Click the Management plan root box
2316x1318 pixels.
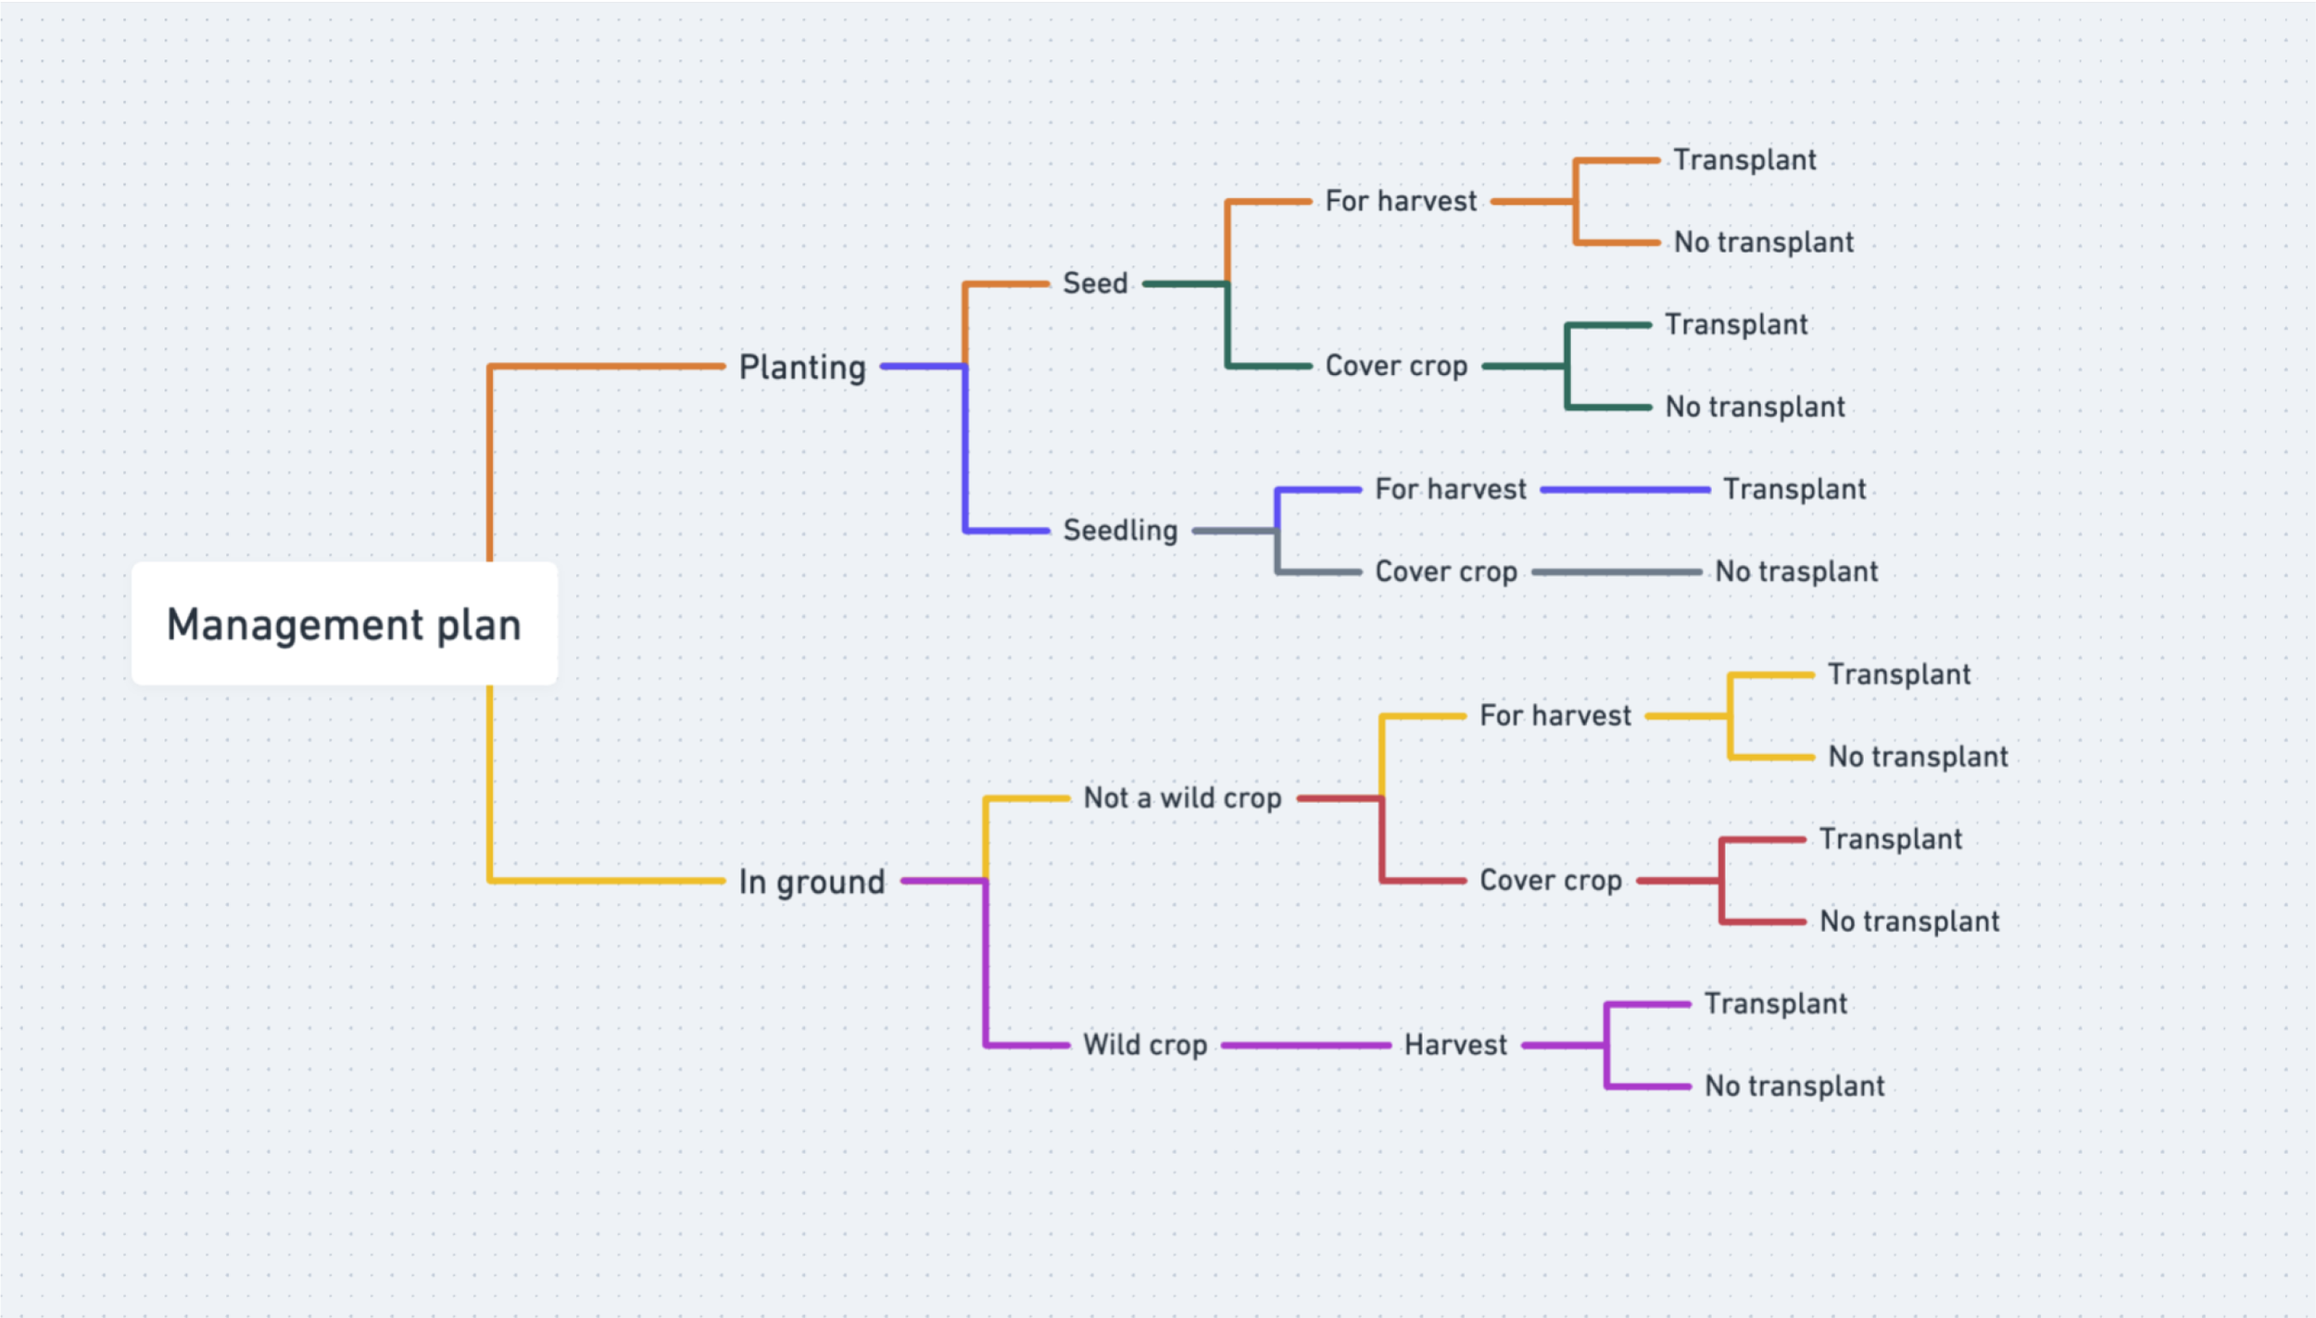pyautogui.click(x=344, y=624)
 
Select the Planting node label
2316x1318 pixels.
pyautogui.click(x=802, y=368)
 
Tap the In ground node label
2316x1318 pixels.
pyautogui.click(x=812, y=882)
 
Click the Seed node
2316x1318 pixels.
pyautogui.click(x=1095, y=283)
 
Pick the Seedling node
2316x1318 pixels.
pyautogui.click(x=1120, y=531)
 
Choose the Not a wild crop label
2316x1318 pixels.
pyautogui.click(x=1182, y=798)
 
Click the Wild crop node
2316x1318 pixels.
pyautogui.click(x=1145, y=1046)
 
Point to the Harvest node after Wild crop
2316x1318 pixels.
pyautogui.click(x=1455, y=1046)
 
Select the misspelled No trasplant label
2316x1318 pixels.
pyautogui.click(x=1796, y=572)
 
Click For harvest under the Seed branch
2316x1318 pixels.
pyautogui.click(x=1401, y=201)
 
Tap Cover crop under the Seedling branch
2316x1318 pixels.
pyautogui.click(x=1446, y=572)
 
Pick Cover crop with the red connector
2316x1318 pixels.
pyautogui.click(x=1551, y=881)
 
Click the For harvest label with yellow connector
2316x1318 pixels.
pyautogui.click(x=1555, y=716)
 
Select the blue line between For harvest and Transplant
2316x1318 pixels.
pyautogui.click(x=1625, y=490)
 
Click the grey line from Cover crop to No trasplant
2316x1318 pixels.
pyautogui.click(x=1617, y=572)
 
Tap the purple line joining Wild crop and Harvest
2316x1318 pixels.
pyautogui.click(x=1306, y=1046)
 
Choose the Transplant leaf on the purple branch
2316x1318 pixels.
pyautogui.click(x=1776, y=1004)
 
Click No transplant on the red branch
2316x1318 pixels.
pyautogui.click(x=1909, y=922)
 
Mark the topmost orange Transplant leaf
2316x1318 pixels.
pyautogui.click(x=1744, y=160)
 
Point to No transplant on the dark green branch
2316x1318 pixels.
pyautogui.click(x=1755, y=408)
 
